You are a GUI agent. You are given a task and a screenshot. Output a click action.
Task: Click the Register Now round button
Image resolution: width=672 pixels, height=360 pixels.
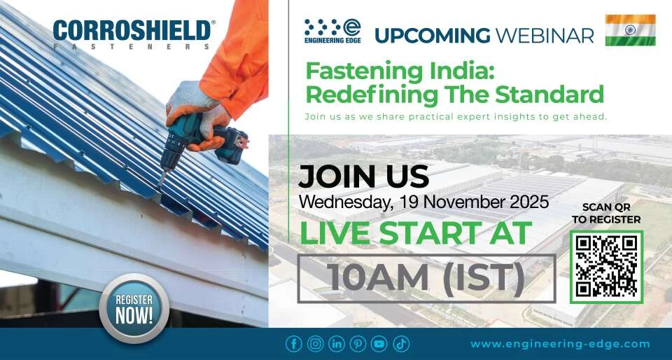[x=134, y=308]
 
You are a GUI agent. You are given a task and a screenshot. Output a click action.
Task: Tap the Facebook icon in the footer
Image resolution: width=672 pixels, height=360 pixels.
[x=294, y=344]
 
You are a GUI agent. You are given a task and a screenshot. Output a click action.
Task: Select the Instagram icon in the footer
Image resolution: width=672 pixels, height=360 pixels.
[x=316, y=344]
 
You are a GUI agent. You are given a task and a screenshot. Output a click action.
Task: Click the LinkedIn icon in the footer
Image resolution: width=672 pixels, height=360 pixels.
[x=337, y=344]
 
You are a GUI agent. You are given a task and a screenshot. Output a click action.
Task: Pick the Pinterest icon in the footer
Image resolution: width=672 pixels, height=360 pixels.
[x=358, y=344]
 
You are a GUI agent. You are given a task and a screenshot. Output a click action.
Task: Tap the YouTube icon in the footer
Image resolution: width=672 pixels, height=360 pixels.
[x=379, y=344]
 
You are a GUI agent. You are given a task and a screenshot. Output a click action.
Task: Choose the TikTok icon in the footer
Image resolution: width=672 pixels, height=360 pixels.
[x=400, y=344]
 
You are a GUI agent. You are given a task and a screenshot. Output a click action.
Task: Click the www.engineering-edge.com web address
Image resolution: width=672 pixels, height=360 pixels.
[x=560, y=344]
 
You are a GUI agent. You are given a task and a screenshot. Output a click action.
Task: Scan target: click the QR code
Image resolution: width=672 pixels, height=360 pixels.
[x=606, y=267]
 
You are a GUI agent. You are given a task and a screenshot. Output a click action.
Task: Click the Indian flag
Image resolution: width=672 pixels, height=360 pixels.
[x=630, y=30]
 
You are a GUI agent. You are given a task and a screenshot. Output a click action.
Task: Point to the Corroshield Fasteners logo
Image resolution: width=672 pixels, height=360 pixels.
[x=132, y=34]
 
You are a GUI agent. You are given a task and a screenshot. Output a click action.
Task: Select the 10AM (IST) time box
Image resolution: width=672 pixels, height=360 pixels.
[x=426, y=278]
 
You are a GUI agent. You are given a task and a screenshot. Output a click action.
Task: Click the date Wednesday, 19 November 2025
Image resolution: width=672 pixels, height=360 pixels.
[x=423, y=202]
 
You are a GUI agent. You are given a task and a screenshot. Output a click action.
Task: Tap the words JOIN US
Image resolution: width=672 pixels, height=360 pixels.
[x=363, y=176]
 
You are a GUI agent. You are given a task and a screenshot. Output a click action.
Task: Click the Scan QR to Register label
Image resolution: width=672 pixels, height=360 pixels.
[x=606, y=213]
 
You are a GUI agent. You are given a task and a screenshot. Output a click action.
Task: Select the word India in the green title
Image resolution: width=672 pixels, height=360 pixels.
[x=412, y=71]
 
